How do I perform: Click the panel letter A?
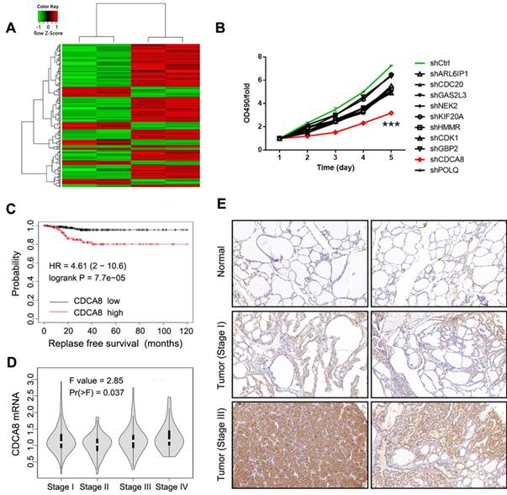12,29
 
